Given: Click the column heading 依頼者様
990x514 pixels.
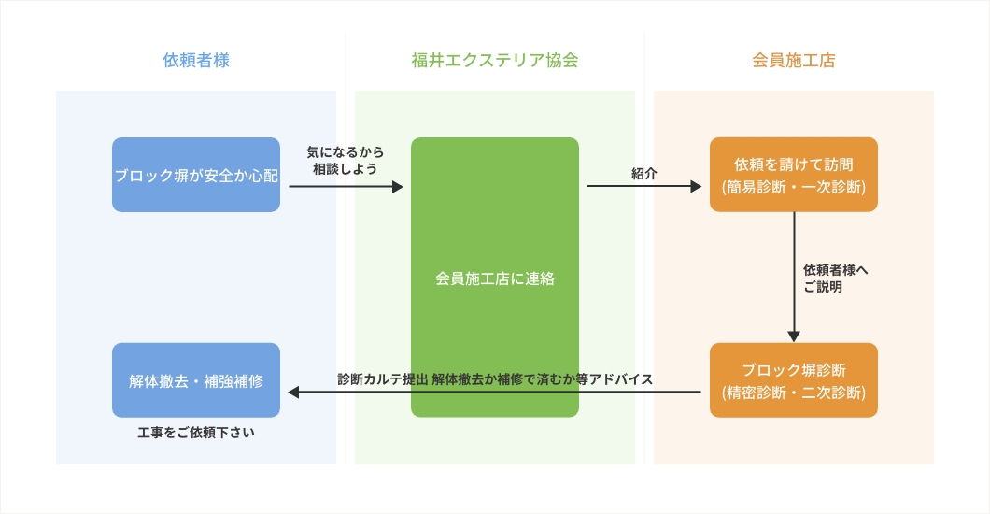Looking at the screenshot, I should [196, 61].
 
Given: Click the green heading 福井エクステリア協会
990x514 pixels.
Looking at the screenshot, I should [495, 61].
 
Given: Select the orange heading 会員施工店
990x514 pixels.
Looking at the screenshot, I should [794, 61].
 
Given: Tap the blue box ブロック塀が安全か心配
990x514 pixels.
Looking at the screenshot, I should [196, 175].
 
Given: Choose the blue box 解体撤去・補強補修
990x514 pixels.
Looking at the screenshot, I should [196, 380].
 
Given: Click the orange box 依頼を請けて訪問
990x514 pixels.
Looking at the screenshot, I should [794, 164].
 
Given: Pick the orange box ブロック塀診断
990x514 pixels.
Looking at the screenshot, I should [794, 370].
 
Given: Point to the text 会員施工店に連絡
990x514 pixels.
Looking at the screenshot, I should [495, 278].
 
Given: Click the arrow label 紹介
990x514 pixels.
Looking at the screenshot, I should [644, 173].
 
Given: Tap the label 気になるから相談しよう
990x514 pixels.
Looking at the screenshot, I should [346, 160].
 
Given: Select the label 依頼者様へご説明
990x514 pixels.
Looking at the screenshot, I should [835, 278].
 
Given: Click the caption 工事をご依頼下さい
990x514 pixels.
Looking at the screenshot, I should [196, 433].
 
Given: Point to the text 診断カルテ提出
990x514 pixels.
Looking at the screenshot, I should [383, 379].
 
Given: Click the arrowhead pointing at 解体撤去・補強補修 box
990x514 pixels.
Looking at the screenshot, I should [293, 393].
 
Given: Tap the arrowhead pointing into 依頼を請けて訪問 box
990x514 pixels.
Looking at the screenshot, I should [696, 187].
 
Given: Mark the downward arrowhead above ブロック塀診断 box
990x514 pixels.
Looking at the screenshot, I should [794, 336].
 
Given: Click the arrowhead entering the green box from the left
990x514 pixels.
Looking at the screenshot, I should [397, 187].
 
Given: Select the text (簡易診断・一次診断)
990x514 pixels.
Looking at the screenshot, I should [794, 187].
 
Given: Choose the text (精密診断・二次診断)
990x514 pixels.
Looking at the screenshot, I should [794, 393].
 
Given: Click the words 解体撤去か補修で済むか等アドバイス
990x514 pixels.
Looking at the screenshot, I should [543, 379].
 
